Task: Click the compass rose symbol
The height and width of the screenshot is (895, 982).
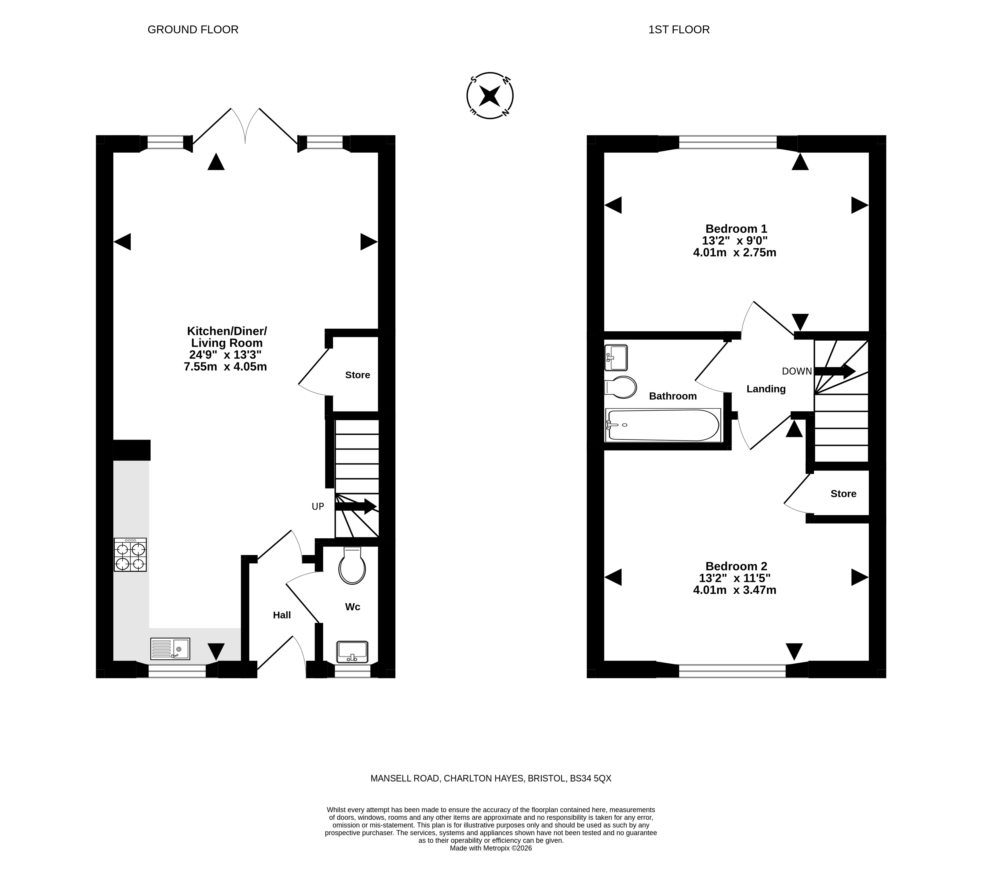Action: point(490,96)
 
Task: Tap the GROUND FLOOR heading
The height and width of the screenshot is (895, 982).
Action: point(193,30)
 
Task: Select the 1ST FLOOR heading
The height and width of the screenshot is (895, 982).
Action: point(679,30)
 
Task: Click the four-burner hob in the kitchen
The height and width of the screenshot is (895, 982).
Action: point(130,554)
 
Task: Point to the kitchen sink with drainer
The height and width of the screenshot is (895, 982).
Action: point(170,649)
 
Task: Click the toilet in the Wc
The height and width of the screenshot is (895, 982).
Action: point(352,566)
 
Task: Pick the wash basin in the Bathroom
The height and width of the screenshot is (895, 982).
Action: point(616,358)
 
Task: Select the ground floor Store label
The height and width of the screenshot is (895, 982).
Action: point(358,375)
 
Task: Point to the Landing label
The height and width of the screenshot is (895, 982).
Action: point(766,389)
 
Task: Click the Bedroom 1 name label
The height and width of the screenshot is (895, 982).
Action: point(736,229)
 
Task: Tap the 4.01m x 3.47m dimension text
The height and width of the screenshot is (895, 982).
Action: point(734,591)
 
